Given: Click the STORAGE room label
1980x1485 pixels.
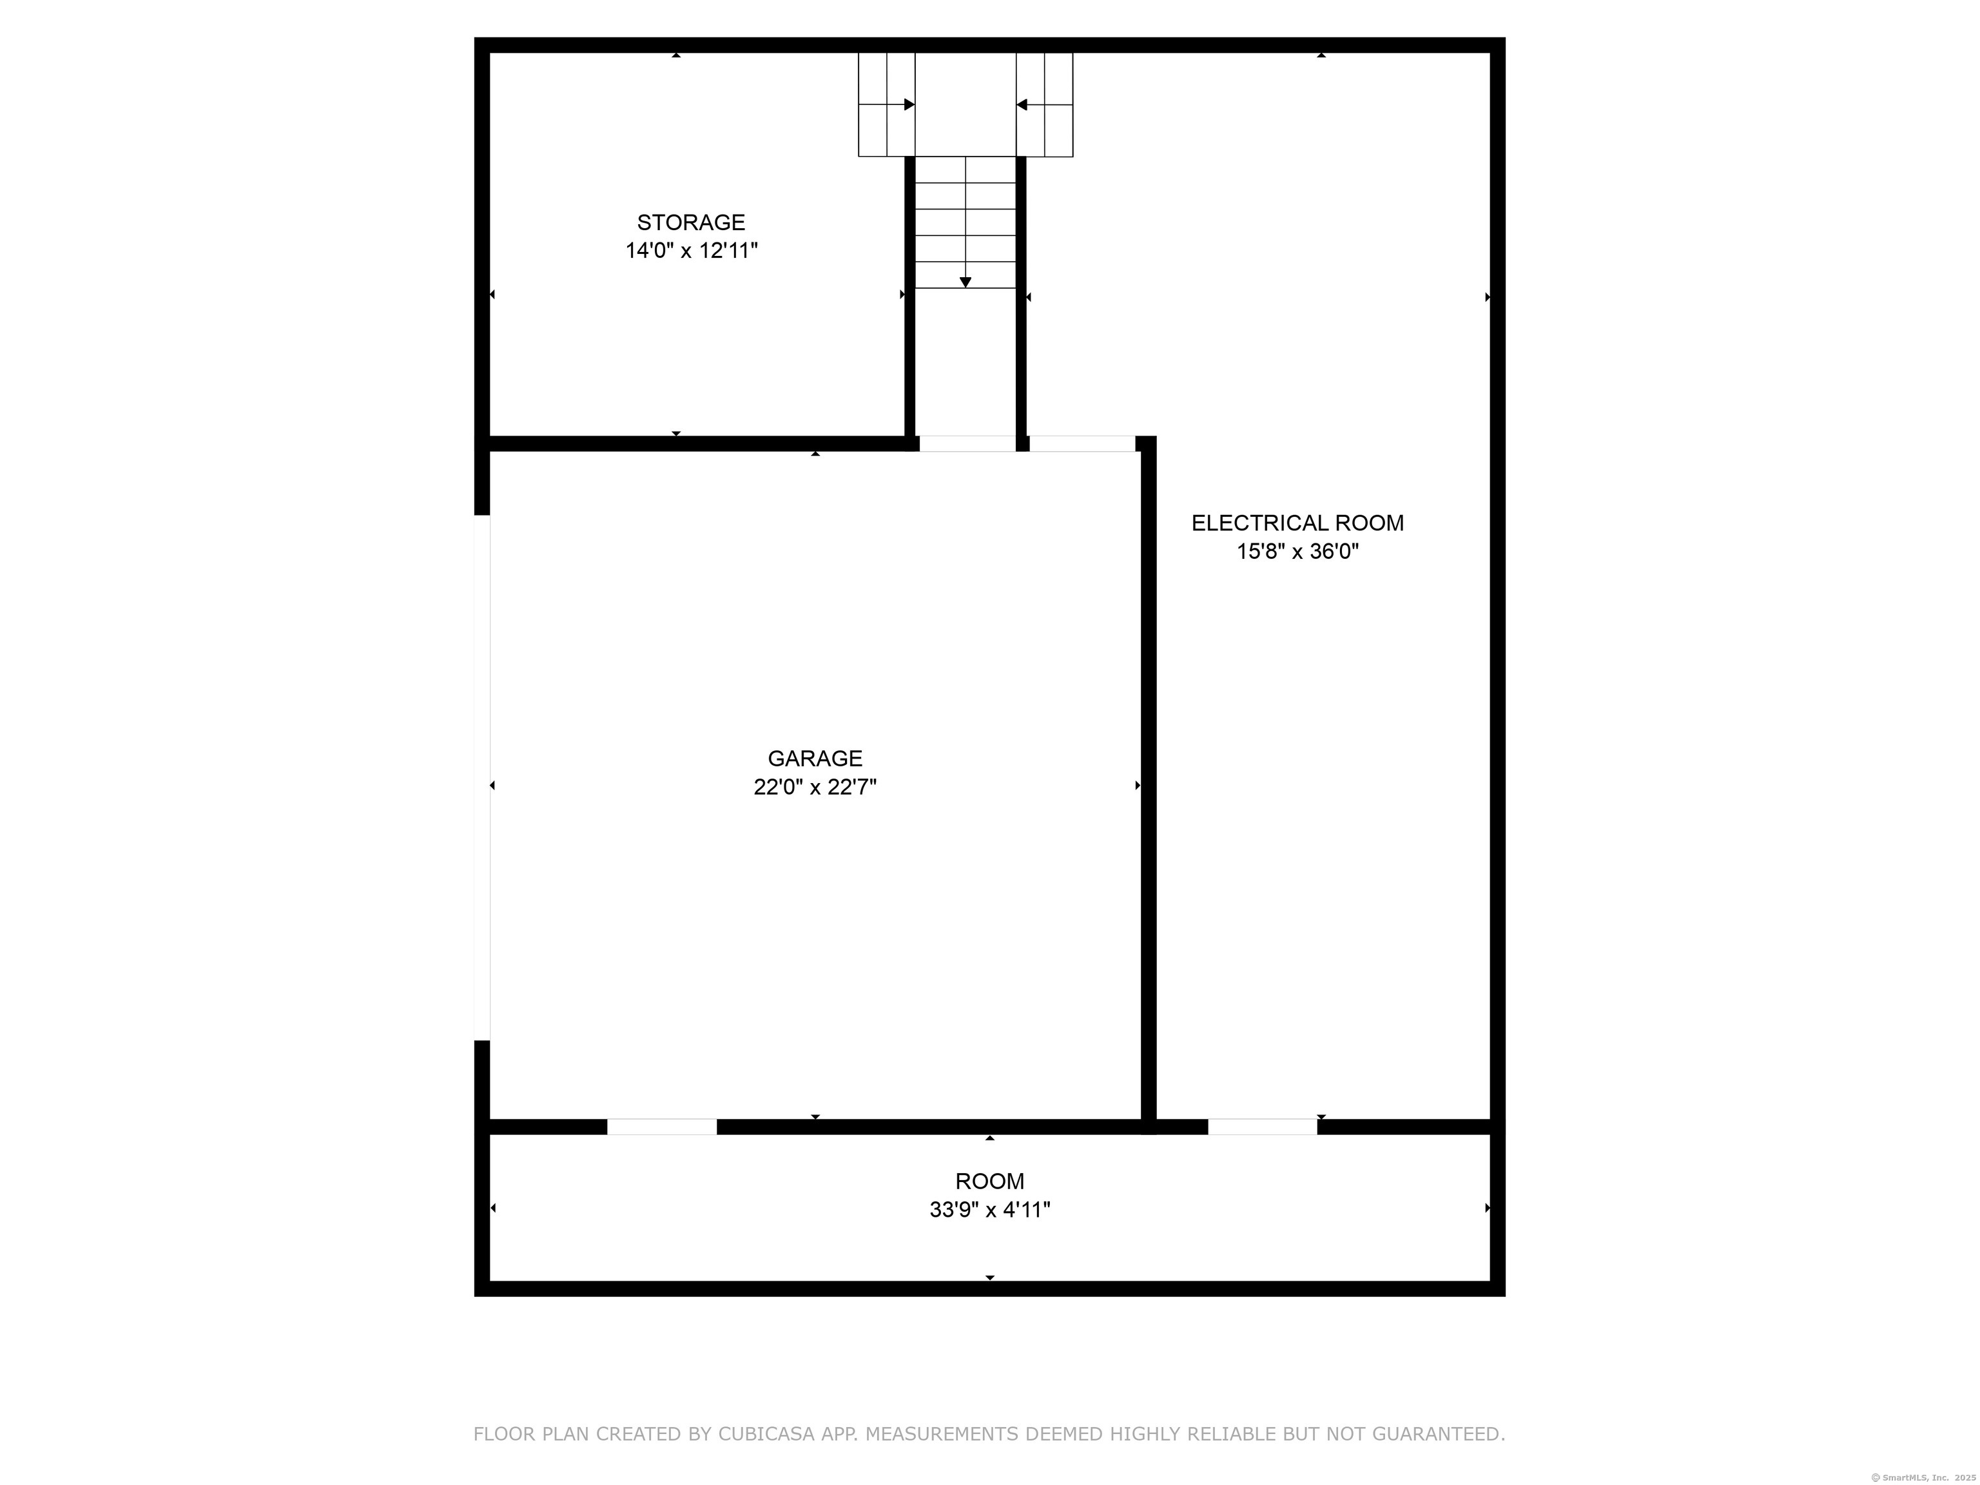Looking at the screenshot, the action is click(691, 222).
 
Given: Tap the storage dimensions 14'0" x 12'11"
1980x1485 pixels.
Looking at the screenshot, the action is click(691, 251).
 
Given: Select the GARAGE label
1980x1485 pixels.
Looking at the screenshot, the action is click(815, 758).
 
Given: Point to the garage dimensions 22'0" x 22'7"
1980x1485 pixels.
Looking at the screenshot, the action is click(815, 787).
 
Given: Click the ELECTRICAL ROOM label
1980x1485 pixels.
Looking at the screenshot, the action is click(1297, 523).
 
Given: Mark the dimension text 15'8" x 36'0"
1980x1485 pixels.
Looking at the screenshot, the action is click(1297, 551).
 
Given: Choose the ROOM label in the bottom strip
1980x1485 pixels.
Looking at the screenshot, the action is click(989, 1181).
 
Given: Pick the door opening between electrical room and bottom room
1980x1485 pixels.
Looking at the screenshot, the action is click(1262, 1127).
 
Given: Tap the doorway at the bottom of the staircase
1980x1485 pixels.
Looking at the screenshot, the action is click(967, 444).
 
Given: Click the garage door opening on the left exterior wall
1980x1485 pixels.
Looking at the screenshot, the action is click(481, 778).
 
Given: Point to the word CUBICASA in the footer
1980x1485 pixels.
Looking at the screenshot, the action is click(766, 1434).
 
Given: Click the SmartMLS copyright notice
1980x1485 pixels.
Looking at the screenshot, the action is click(1924, 1478).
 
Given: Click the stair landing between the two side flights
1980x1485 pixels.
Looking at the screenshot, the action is click(965, 104).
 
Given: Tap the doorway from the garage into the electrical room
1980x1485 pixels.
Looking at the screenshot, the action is click(1082, 444).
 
